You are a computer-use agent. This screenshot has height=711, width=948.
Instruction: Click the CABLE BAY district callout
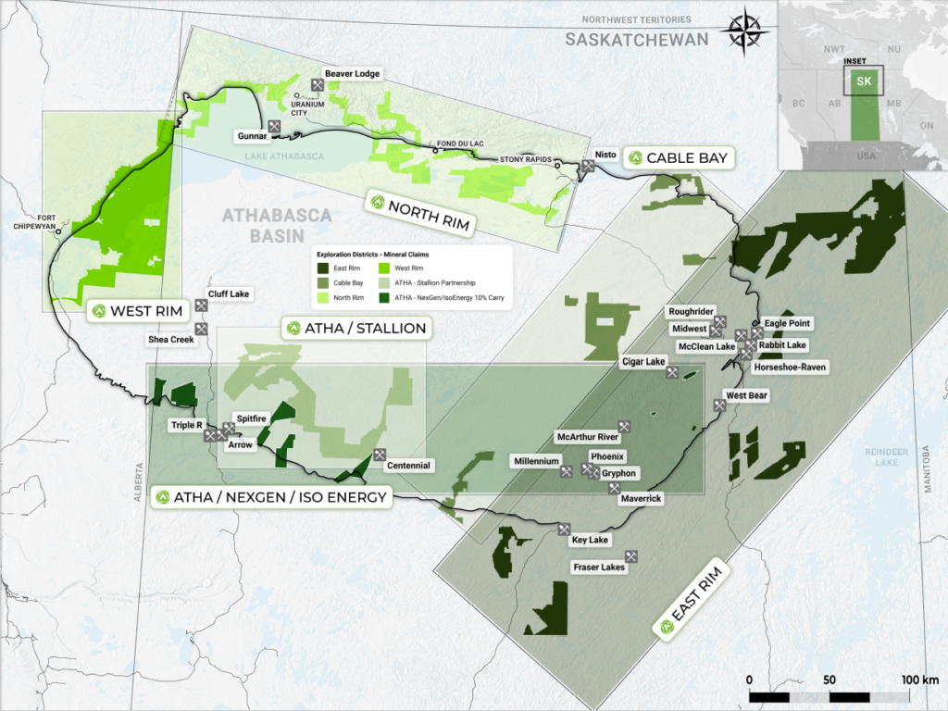tap(678, 158)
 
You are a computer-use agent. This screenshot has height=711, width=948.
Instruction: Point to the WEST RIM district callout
tap(136, 310)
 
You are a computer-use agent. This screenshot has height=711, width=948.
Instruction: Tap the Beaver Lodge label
tap(352, 73)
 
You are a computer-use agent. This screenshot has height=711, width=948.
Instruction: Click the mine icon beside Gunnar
tap(275, 125)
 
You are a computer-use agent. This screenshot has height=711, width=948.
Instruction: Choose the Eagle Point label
tap(787, 323)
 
